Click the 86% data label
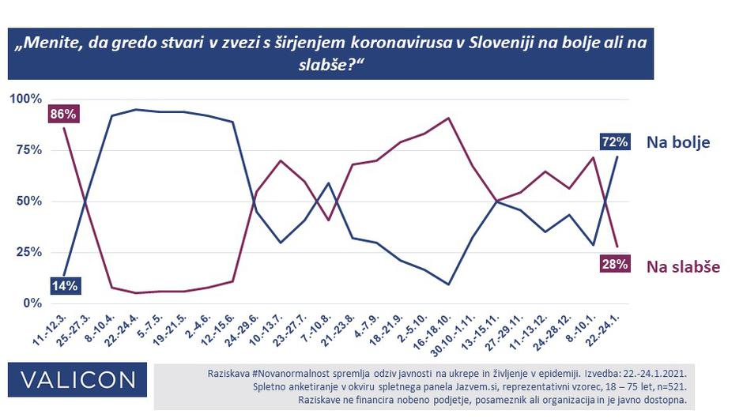[x=63, y=115]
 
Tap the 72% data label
[x=614, y=142]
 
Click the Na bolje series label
[x=678, y=142]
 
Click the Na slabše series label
[x=683, y=266]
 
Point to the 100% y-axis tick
[x=25, y=100]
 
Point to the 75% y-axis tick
[x=28, y=150]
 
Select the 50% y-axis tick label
[x=28, y=201]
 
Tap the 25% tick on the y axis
[x=28, y=252]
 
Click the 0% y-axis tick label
[x=32, y=303]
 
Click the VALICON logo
[x=78, y=380]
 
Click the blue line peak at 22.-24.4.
[x=136, y=110]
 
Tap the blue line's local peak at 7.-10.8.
[x=328, y=183]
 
